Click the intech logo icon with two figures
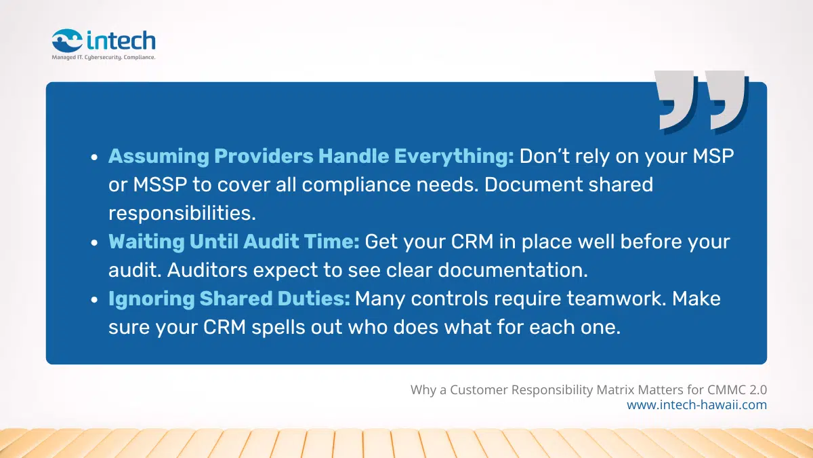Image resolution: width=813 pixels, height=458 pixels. [67, 40]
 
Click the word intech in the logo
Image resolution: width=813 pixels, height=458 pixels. [121, 40]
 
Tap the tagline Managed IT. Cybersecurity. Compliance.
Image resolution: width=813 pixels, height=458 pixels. [104, 58]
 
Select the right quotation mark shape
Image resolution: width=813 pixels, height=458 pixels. [727, 101]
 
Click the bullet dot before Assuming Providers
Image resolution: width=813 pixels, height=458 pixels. [94, 157]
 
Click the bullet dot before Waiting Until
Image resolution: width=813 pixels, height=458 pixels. [94, 242]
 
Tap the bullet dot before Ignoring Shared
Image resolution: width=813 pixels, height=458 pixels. [94, 299]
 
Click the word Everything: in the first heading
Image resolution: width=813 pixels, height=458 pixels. [454, 157]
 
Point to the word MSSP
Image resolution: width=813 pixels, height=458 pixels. [160, 185]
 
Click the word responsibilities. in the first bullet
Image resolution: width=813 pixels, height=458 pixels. [182, 213]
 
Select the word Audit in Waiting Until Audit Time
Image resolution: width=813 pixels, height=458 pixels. [271, 242]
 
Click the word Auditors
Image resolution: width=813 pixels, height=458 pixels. [207, 270]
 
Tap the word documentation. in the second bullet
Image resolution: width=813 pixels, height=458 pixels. [513, 270]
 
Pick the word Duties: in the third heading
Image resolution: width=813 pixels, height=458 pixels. [314, 299]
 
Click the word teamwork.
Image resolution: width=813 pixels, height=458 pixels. [617, 299]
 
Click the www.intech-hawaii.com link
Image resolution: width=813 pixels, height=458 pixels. [697, 405]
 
